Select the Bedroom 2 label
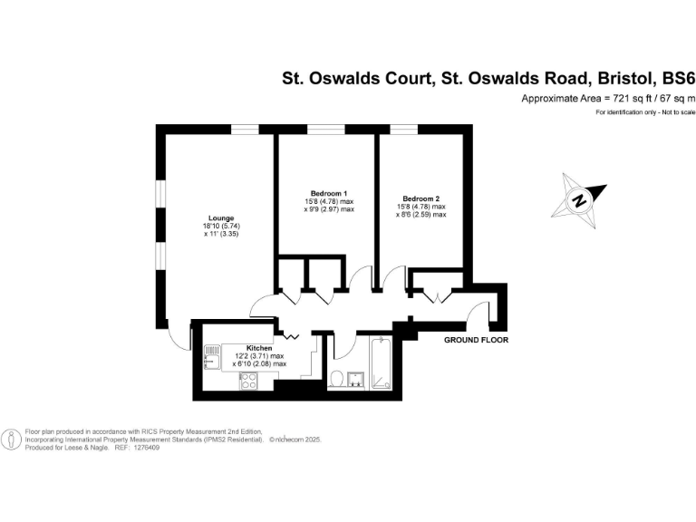click(x=421, y=198)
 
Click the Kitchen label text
click(x=260, y=348)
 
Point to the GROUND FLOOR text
click(x=476, y=341)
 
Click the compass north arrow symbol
click(x=578, y=197)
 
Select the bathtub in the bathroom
click(x=381, y=363)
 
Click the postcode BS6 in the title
click(x=670, y=79)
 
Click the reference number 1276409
click(x=146, y=448)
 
